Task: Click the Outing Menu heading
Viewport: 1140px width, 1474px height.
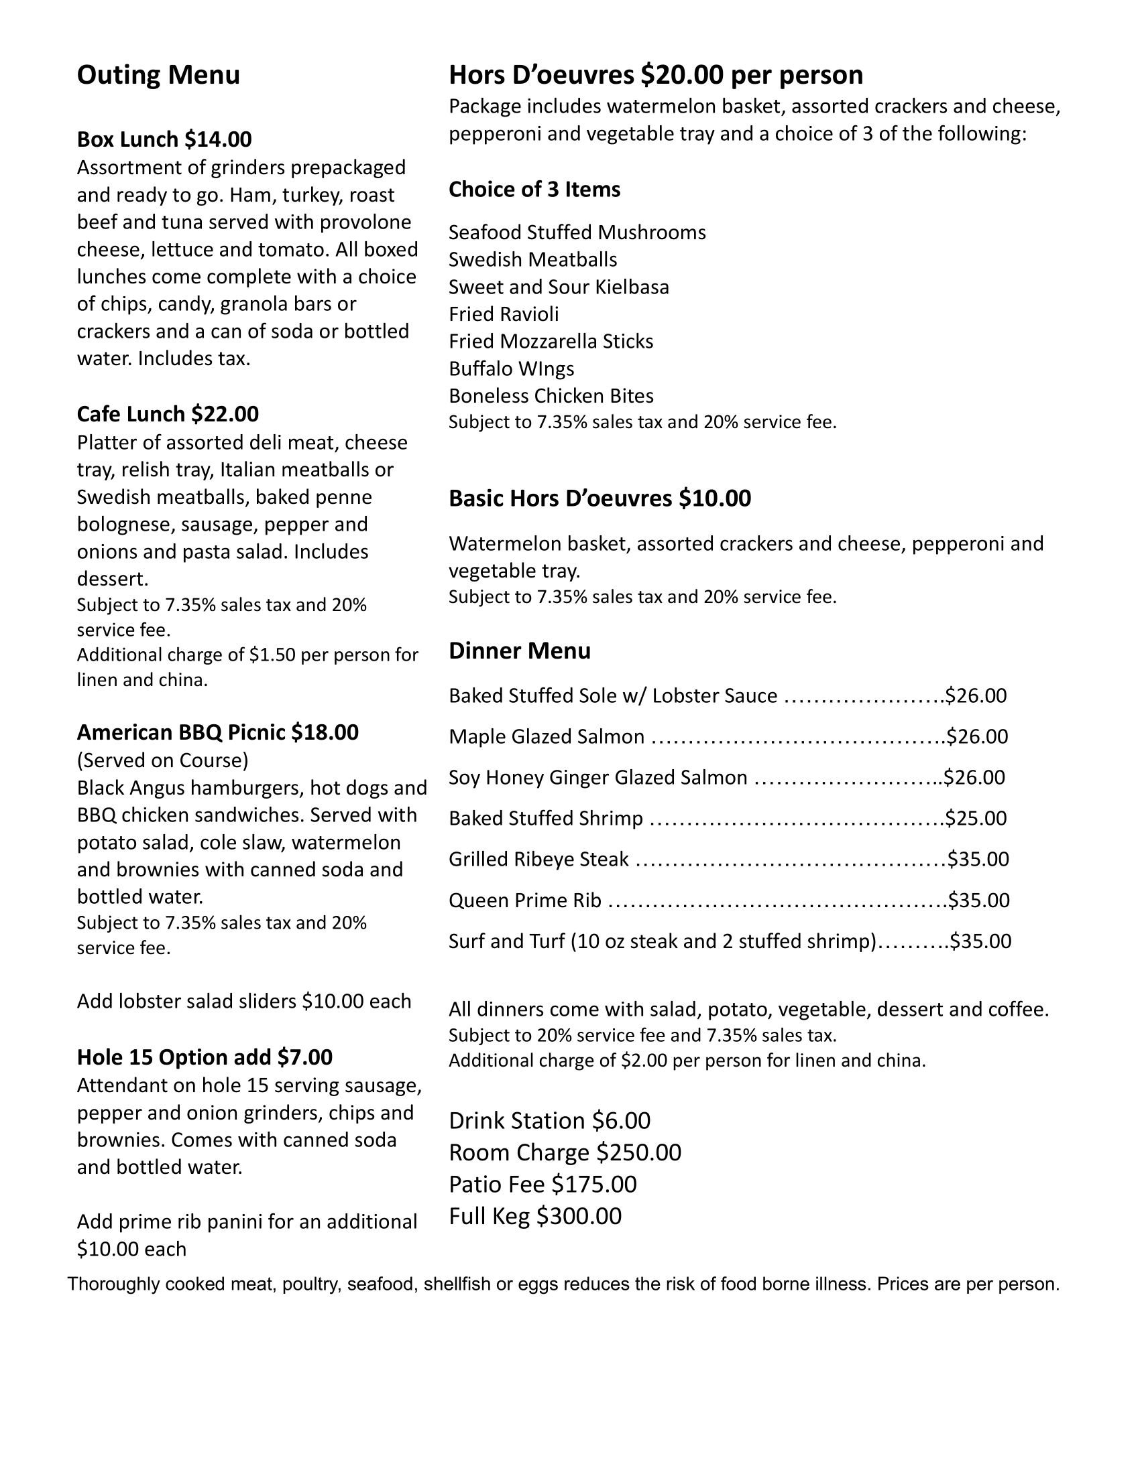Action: [158, 75]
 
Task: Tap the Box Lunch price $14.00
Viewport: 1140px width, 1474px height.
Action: [217, 139]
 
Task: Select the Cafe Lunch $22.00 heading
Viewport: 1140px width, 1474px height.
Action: [168, 413]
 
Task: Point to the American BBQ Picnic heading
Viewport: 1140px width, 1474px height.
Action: [217, 732]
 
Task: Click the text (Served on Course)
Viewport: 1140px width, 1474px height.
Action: [162, 760]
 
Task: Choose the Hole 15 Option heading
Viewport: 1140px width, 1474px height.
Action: [204, 1057]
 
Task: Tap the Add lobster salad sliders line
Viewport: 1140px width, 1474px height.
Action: [244, 1001]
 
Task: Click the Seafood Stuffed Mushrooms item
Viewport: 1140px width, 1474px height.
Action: [577, 232]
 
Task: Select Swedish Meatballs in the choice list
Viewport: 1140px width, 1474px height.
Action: [533, 260]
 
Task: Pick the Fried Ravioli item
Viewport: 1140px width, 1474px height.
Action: [503, 314]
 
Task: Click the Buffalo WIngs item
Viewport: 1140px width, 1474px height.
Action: [511, 368]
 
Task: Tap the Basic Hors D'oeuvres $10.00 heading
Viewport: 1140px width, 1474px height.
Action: [600, 498]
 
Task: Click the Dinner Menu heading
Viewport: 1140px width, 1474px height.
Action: [519, 651]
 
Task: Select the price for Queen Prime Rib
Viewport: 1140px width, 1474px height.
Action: [978, 900]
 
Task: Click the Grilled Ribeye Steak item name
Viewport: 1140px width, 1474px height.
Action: [538, 859]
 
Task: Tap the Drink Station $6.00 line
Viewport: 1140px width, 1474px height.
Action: [549, 1120]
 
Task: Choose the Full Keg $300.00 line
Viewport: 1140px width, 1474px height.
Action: [535, 1216]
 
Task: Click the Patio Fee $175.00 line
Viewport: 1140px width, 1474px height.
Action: [543, 1184]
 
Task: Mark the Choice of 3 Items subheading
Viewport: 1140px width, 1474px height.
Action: [534, 190]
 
